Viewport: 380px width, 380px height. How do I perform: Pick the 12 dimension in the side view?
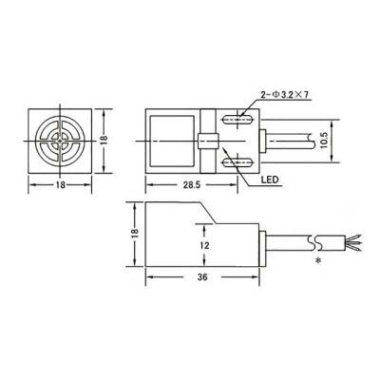tap(203, 244)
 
